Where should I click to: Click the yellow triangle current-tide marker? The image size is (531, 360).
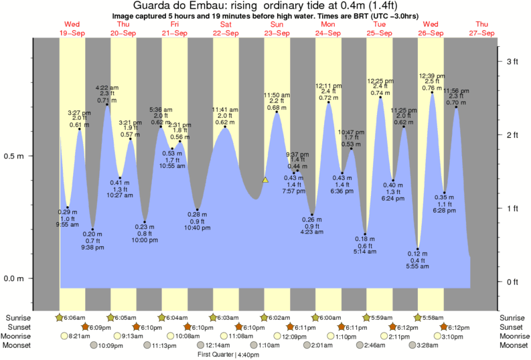point(266,180)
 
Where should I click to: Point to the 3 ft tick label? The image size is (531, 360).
point(512,62)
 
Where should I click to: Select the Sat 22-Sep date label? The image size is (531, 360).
point(225,29)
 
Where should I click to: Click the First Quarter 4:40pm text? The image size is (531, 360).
point(228,355)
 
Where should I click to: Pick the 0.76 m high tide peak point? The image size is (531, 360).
point(432,93)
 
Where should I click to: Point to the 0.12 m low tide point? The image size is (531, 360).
point(419,249)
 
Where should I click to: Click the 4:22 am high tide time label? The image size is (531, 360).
point(107,87)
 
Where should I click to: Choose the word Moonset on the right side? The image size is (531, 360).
point(514,345)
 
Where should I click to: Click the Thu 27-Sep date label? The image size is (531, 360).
point(482,29)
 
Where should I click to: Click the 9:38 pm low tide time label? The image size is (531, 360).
point(92,247)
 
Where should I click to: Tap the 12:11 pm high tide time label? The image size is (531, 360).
point(329,86)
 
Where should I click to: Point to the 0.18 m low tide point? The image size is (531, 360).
point(366,234)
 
